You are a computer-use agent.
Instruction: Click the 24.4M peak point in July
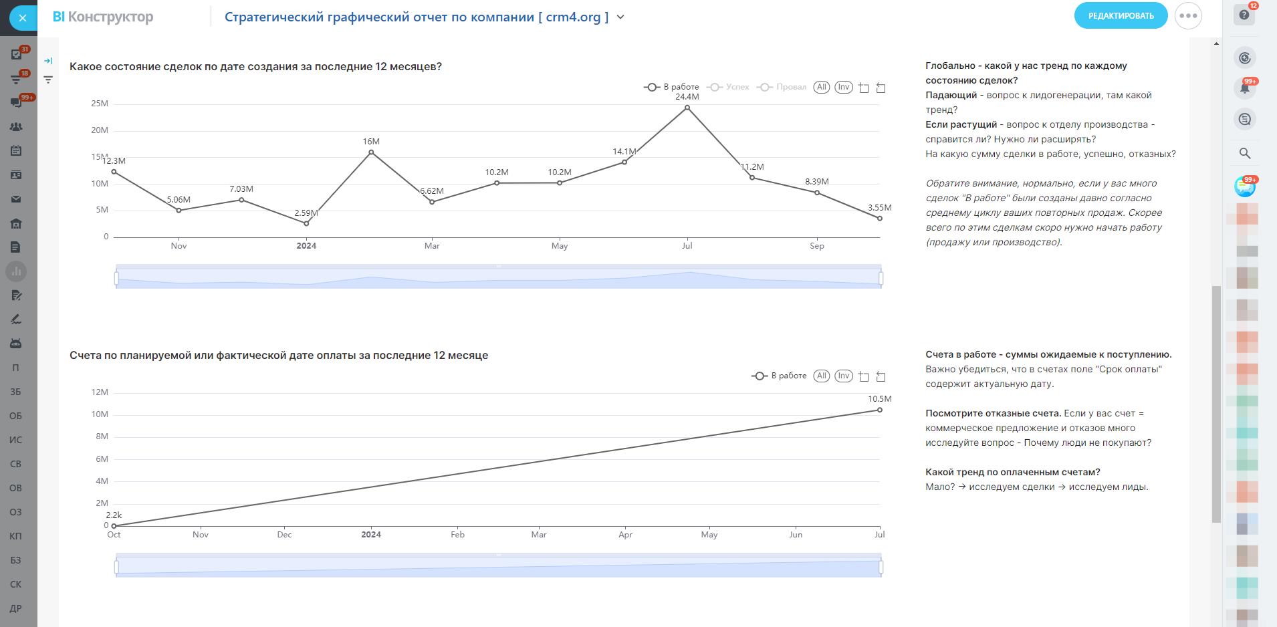tap(687, 108)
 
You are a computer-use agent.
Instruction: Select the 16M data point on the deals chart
tap(371, 152)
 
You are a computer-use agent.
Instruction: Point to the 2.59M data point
tap(306, 224)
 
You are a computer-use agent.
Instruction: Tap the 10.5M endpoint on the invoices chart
tap(880, 410)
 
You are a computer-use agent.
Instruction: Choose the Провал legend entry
tap(784, 88)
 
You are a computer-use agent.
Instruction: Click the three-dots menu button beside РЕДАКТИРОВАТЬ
tap(1188, 16)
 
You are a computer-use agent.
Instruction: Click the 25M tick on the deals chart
tap(100, 104)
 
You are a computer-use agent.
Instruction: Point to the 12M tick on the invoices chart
tap(100, 392)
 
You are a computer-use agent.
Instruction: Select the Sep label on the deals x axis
tap(817, 246)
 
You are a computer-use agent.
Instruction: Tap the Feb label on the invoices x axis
tap(457, 535)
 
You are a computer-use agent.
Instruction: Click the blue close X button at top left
tap(23, 18)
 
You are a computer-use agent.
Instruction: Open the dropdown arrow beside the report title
tap(620, 17)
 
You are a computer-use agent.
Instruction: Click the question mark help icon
tap(1244, 15)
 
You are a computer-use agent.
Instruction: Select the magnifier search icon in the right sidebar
tap(1245, 153)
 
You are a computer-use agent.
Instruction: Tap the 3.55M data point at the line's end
tap(880, 219)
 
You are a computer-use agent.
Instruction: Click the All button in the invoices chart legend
tap(822, 376)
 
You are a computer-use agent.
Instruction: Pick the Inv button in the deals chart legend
tap(844, 88)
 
